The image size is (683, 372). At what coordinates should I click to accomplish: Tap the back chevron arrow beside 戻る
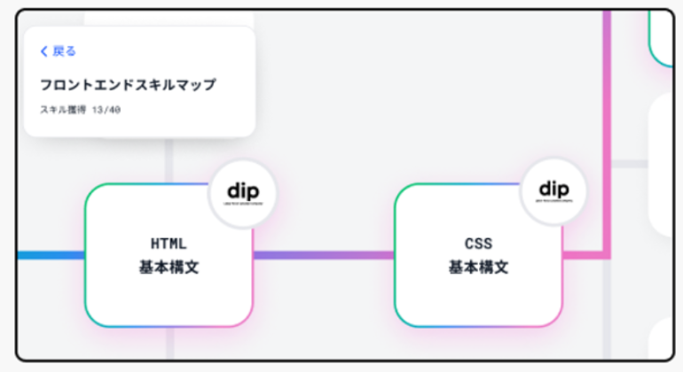point(43,51)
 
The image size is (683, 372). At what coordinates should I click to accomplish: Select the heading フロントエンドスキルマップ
point(128,85)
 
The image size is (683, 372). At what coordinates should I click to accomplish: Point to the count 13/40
point(106,111)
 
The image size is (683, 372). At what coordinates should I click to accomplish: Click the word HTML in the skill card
point(169,243)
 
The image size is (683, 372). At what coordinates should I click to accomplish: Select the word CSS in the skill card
point(478,243)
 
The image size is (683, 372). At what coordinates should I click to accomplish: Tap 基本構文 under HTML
point(169,267)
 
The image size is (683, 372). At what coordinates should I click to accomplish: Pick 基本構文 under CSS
point(478,267)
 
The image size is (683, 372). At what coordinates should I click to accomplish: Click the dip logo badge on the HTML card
point(242,192)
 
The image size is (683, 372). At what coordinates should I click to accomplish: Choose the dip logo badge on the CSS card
point(553,191)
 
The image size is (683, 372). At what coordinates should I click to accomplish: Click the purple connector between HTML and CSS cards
point(324,255)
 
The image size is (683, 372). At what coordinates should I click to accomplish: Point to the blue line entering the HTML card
point(50,255)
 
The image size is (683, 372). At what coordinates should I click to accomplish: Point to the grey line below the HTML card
point(169,345)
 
